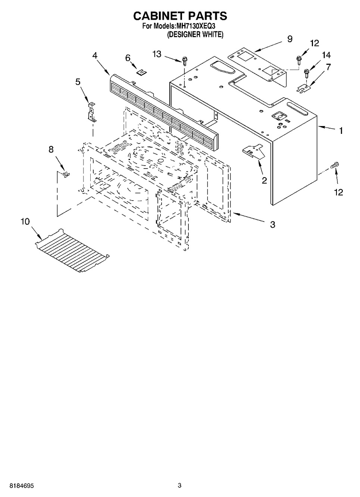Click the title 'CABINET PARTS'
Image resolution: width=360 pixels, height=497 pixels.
point(180,16)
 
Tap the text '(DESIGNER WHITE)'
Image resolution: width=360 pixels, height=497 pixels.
point(195,35)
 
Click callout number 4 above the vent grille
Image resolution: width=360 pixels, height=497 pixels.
point(95,55)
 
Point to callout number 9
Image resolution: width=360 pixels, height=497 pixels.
point(289,39)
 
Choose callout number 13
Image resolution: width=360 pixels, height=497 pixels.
point(157,54)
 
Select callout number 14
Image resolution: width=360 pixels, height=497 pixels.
point(326,55)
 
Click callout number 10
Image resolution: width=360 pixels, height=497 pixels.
point(25,221)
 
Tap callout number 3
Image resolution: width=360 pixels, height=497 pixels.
point(273,224)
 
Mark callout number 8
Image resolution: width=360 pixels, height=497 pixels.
point(51,150)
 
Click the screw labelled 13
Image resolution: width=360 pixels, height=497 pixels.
point(184,60)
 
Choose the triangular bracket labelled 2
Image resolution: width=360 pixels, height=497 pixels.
point(253,152)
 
